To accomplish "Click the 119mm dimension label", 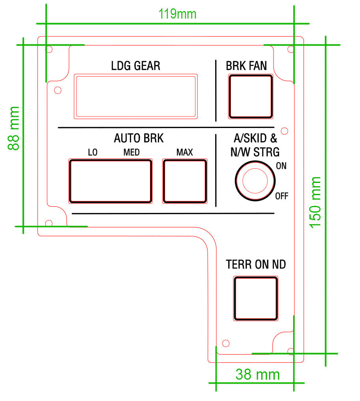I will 177,14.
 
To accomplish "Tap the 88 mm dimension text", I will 14,128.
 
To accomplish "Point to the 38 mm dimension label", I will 257,374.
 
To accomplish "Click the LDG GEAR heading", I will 136,66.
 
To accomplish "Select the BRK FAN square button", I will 251,96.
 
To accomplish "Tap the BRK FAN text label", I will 246,66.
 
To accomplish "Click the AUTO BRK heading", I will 139,138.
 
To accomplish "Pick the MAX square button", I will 185,181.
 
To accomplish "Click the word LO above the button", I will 93,152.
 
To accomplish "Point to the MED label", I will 131,152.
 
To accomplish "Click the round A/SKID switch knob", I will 255,181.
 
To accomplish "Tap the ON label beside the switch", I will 281,166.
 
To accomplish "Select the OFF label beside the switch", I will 281,196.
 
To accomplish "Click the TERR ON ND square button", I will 255,298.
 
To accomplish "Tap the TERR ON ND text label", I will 255,264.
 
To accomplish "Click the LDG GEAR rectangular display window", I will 136,96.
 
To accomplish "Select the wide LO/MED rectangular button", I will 111,181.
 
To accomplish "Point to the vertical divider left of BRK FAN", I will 216,91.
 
